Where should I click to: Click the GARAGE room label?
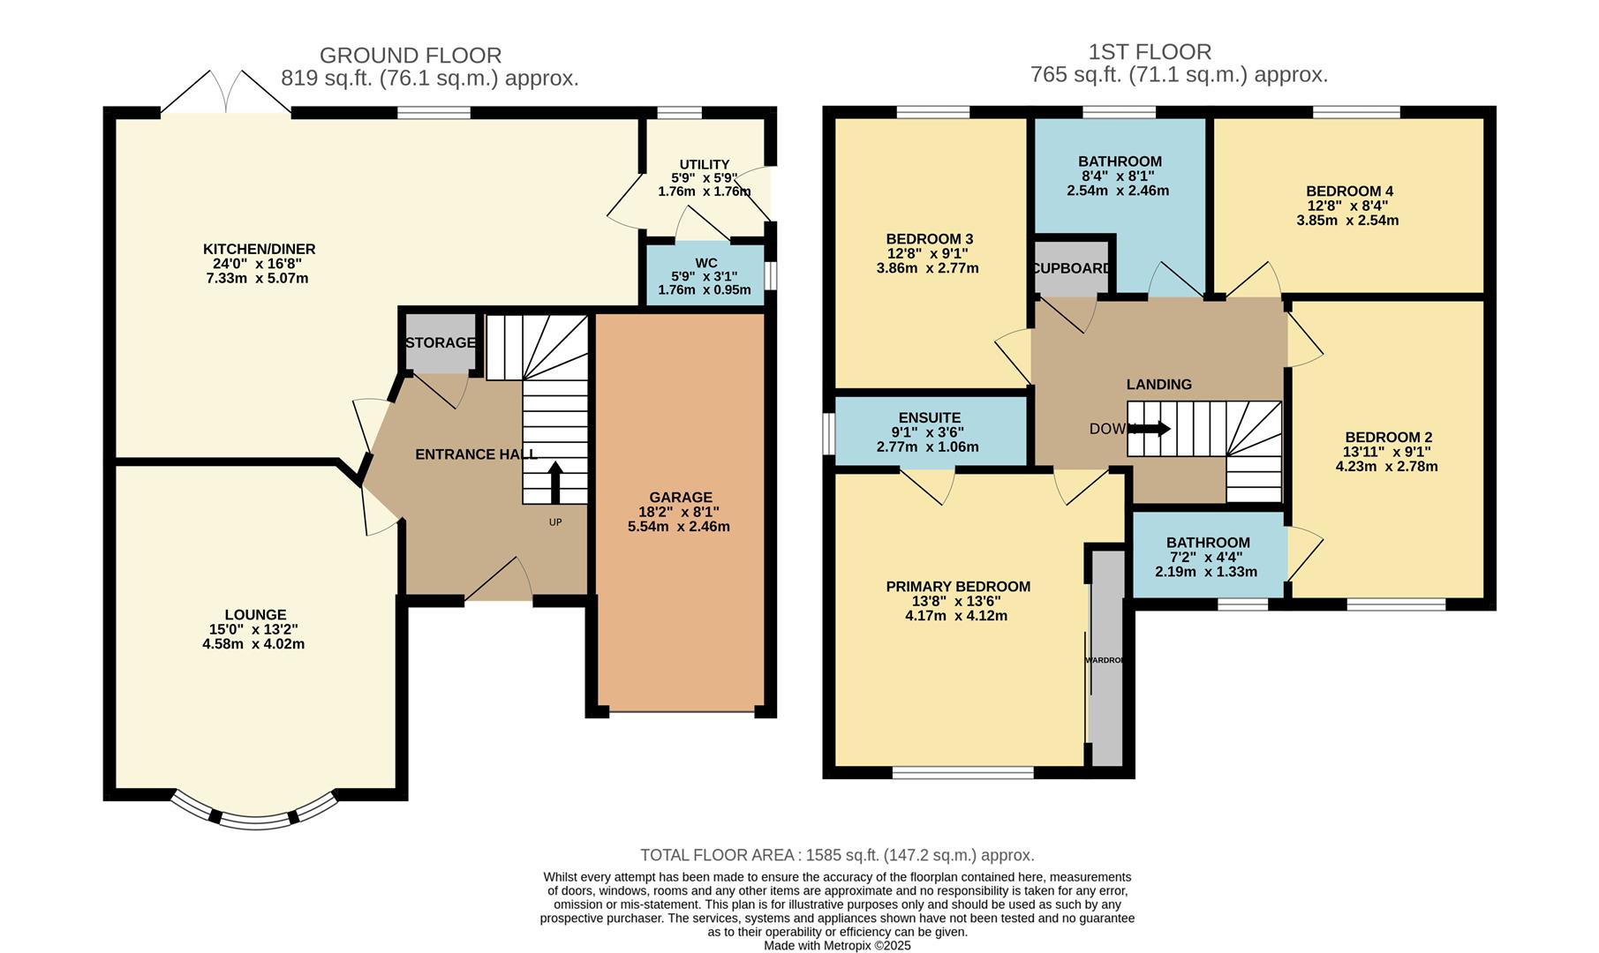click(x=680, y=497)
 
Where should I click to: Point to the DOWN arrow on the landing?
click(x=1150, y=430)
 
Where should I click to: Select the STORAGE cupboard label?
click(x=440, y=342)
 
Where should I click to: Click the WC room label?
click(x=705, y=262)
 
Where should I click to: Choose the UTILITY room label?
click(x=704, y=164)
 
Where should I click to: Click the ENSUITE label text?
click(x=929, y=417)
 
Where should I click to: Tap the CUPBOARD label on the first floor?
click(x=1071, y=267)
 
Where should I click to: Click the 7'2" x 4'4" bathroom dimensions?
click(x=1206, y=557)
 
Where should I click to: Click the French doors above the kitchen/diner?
click(x=226, y=94)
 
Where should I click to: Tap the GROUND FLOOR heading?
click(x=410, y=56)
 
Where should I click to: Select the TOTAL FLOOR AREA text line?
click(x=836, y=854)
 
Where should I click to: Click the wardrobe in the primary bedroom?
click(x=1105, y=660)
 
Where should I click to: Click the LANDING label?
click(x=1158, y=384)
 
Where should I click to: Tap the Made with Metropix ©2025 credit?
click(x=837, y=945)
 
